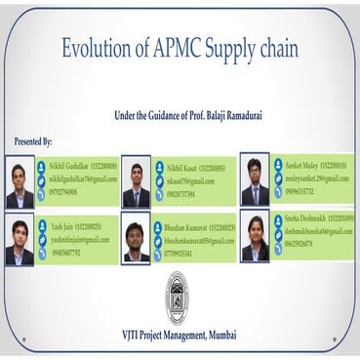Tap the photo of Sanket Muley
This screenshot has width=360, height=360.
[255, 180]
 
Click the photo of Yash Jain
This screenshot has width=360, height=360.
[20, 241]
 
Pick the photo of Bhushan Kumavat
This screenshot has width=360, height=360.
[136, 240]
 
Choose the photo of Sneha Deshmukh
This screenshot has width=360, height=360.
[255, 239]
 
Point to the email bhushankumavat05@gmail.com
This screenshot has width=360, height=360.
[200, 240]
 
